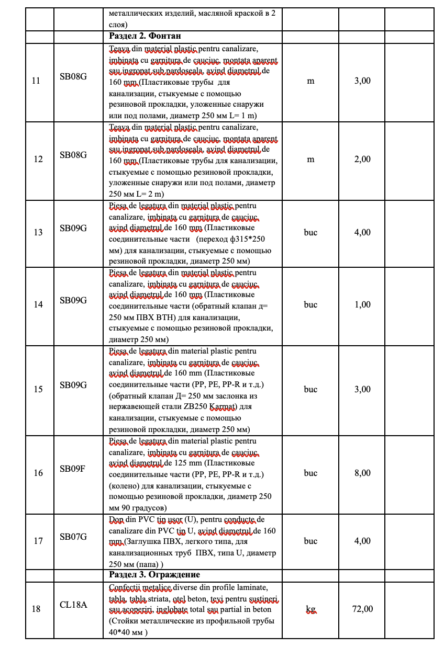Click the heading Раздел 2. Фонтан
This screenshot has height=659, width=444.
pos(146,36)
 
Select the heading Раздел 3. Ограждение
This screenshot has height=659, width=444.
pos(154,575)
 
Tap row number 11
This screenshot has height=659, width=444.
pos(38,81)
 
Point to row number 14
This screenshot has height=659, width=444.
pos(38,304)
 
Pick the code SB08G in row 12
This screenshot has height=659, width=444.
pos(73,155)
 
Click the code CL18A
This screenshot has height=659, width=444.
pos(73,605)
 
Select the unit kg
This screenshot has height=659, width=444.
pos(310,609)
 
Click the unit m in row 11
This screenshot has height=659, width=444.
pos(310,81)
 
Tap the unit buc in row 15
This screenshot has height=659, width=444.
pos(310,389)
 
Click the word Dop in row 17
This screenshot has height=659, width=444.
pos(115,519)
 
